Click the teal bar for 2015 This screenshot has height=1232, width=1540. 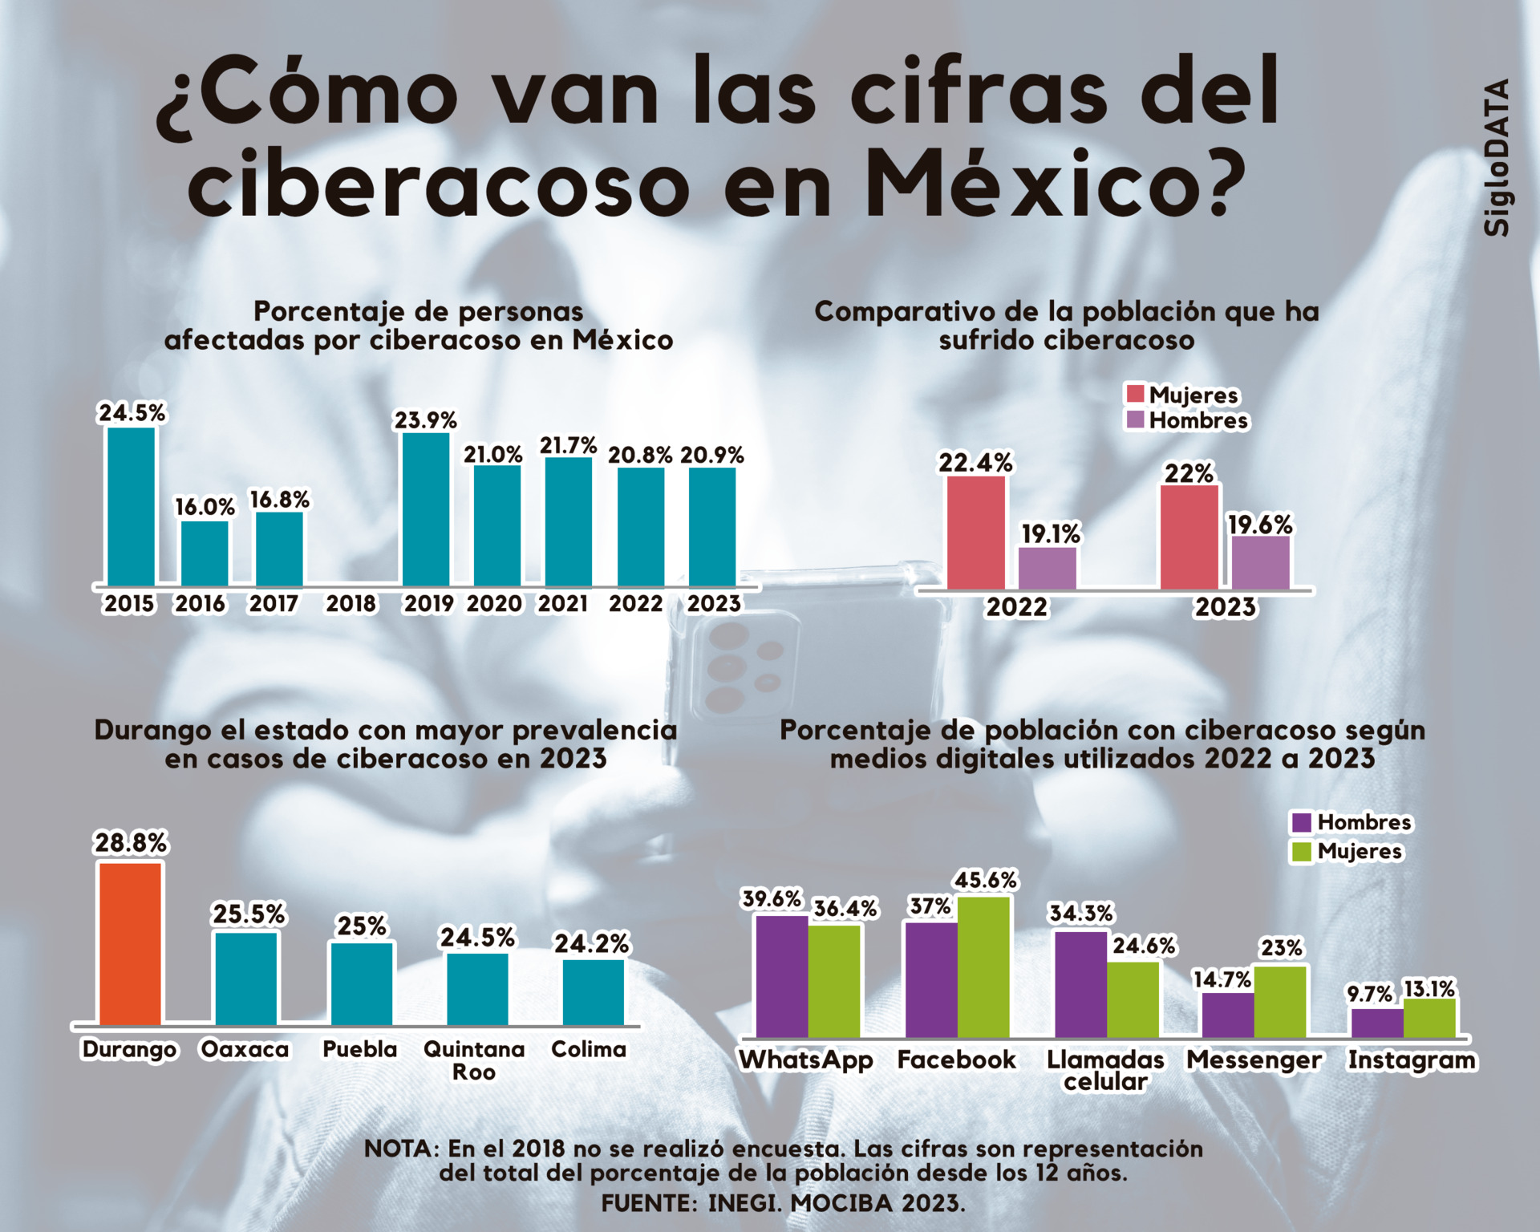point(131,506)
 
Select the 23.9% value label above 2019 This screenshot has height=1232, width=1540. point(425,420)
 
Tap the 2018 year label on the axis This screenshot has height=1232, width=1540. point(351,603)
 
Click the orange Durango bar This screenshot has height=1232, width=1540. point(130,943)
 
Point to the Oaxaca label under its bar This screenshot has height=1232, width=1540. point(245,1049)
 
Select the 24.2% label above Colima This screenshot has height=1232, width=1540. point(592,943)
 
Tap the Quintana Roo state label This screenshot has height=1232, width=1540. point(474,1060)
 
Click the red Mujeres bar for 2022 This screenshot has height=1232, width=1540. point(975,533)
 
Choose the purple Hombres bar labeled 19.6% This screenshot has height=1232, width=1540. point(1261,562)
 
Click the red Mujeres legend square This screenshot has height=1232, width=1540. point(1135,394)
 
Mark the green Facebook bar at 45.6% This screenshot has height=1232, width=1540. point(983,967)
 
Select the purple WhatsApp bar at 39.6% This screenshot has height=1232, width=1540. point(781,975)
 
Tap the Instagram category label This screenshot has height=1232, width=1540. point(1411,1060)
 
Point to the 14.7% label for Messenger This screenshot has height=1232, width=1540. point(1222,979)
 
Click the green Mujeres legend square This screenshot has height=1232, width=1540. point(1301,851)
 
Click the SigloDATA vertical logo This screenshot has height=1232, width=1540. point(1496,157)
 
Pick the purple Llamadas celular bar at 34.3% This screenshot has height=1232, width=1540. point(1080,984)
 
